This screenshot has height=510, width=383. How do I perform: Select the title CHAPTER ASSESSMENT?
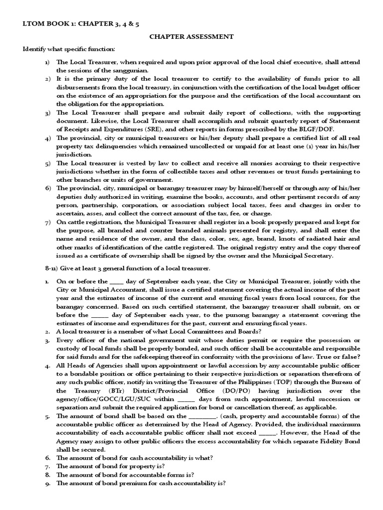(x=191, y=36)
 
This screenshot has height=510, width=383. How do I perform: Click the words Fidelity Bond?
(x=322, y=442)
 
